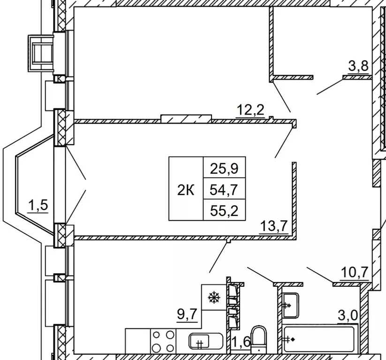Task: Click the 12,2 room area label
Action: pyautogui.click(x=250, y=110)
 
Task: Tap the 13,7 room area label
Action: pyautogui.click(x=274, y=225)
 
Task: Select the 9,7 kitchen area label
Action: pyautogui.click(x=187, y=314)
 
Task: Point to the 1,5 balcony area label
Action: pyautogui.click(x=38, y=205)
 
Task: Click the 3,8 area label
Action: pyautogui.click(x=358, y=66)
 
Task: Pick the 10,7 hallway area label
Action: pyautogui.click(x=355, y=273)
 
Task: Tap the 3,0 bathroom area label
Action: pyautogui.click(x=348, y=314)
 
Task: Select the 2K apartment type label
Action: pyautogui.click(x=186, y=190)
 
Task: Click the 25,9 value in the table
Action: pyautogui.click(x=224, y=169)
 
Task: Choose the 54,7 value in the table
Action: pyautogui.click(x=224, y=190)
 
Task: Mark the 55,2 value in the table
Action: pyautogui.click(x=224, y=211)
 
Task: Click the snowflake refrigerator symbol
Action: pyautogui.click(x=214, y=297)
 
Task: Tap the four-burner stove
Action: pyautogui.click(x=163, y=342)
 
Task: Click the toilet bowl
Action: pyautogui.click(x=258, y=339)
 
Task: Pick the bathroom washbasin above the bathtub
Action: pyautogui.click(x=290, y=305)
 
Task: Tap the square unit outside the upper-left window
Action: pyautogui.click(x=41, y=54)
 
